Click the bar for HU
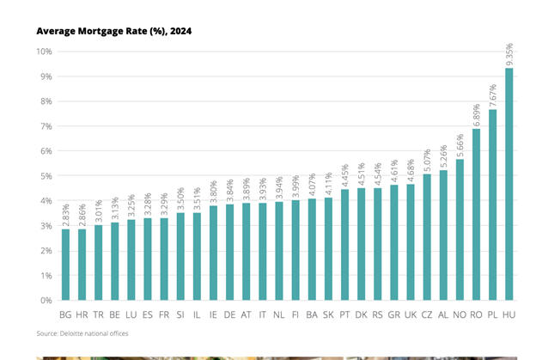(x=509, y=184)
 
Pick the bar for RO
(x=477, y=215)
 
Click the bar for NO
(x=460, y=229)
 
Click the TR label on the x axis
(x=98, y=315)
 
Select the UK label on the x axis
(x=411, y=315)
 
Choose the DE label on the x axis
(x=229, y=315)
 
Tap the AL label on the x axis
(x=443, y=315)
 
